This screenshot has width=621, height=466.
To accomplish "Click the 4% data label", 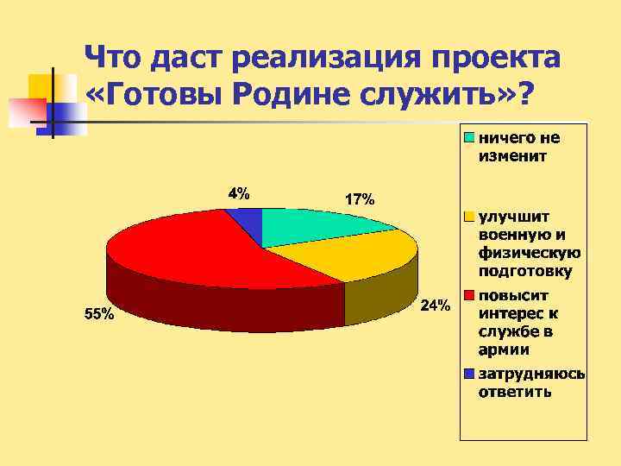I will (x=239, y=193).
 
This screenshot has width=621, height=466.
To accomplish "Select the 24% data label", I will (x=435, y=305).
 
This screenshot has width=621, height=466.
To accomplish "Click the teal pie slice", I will (x=319, y=226).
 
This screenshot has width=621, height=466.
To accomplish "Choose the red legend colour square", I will (x=469, y=295).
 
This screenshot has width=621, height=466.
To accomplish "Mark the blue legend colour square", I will (x=469, y=374).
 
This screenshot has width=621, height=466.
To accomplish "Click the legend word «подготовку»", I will (x=525, y=272).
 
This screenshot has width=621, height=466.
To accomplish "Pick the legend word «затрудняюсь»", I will (x=532, y=375).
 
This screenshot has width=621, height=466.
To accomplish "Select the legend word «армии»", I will (x=505, y=350).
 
